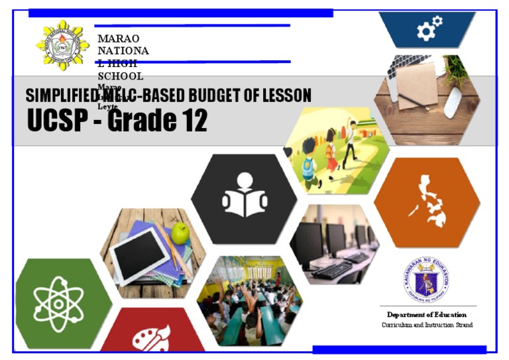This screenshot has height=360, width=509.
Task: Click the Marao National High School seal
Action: (62, 45)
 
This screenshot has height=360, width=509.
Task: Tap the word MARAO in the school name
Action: (118, 38)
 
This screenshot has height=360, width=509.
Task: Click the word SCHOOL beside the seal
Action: (120, 76)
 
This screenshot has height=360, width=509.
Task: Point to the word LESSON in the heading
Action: (286, 95)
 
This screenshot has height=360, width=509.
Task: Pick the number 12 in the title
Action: (191, 121)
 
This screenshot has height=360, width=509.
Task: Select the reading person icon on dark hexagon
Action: (245, 197)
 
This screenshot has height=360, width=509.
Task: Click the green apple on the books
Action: (180, 233)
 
